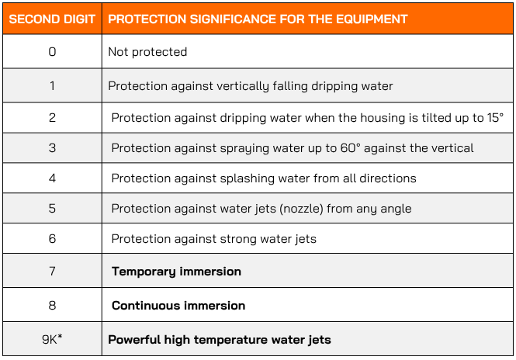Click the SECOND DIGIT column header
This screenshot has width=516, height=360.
click(x=52, y=19)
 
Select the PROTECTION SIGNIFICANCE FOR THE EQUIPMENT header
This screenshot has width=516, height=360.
click(x=258, y=19)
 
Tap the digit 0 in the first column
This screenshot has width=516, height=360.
click(x=52, y=52)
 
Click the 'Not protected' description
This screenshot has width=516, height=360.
click(x=147, y=52)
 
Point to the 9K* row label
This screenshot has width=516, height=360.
click(x=52, y=339)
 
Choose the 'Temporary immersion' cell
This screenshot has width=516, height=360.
click(x=176, y=272)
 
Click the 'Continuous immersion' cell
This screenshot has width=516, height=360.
click(x=178, y=306)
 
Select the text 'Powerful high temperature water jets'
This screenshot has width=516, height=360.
click(x=220, y=340)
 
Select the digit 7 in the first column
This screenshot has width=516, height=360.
click(x=52, y=271)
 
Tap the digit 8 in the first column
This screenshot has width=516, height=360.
click(x=52, y=306)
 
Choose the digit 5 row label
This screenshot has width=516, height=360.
click(x=52, y=208)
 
